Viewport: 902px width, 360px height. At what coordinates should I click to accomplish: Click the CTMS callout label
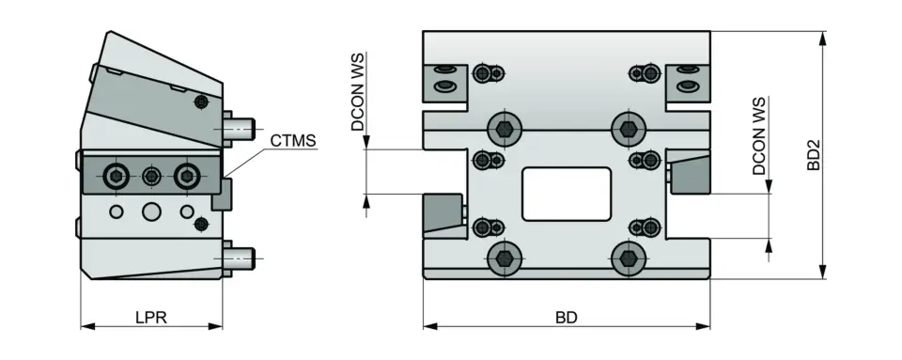(x=292, y=142)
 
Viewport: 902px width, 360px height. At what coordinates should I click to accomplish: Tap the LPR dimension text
(x=150, y=318)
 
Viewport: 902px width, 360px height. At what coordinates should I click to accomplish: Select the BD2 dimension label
(x=814, y=155)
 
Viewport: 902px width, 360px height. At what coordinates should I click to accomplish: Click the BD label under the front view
(x=565, y=318)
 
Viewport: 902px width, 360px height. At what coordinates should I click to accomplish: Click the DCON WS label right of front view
(x=759, y=136)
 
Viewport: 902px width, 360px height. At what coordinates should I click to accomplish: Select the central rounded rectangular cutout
(x=566, y=192)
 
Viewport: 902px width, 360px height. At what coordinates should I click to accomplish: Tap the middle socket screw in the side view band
(x=151, y=175)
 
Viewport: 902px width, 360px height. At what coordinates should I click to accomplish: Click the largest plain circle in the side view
(x=151, y=211)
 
